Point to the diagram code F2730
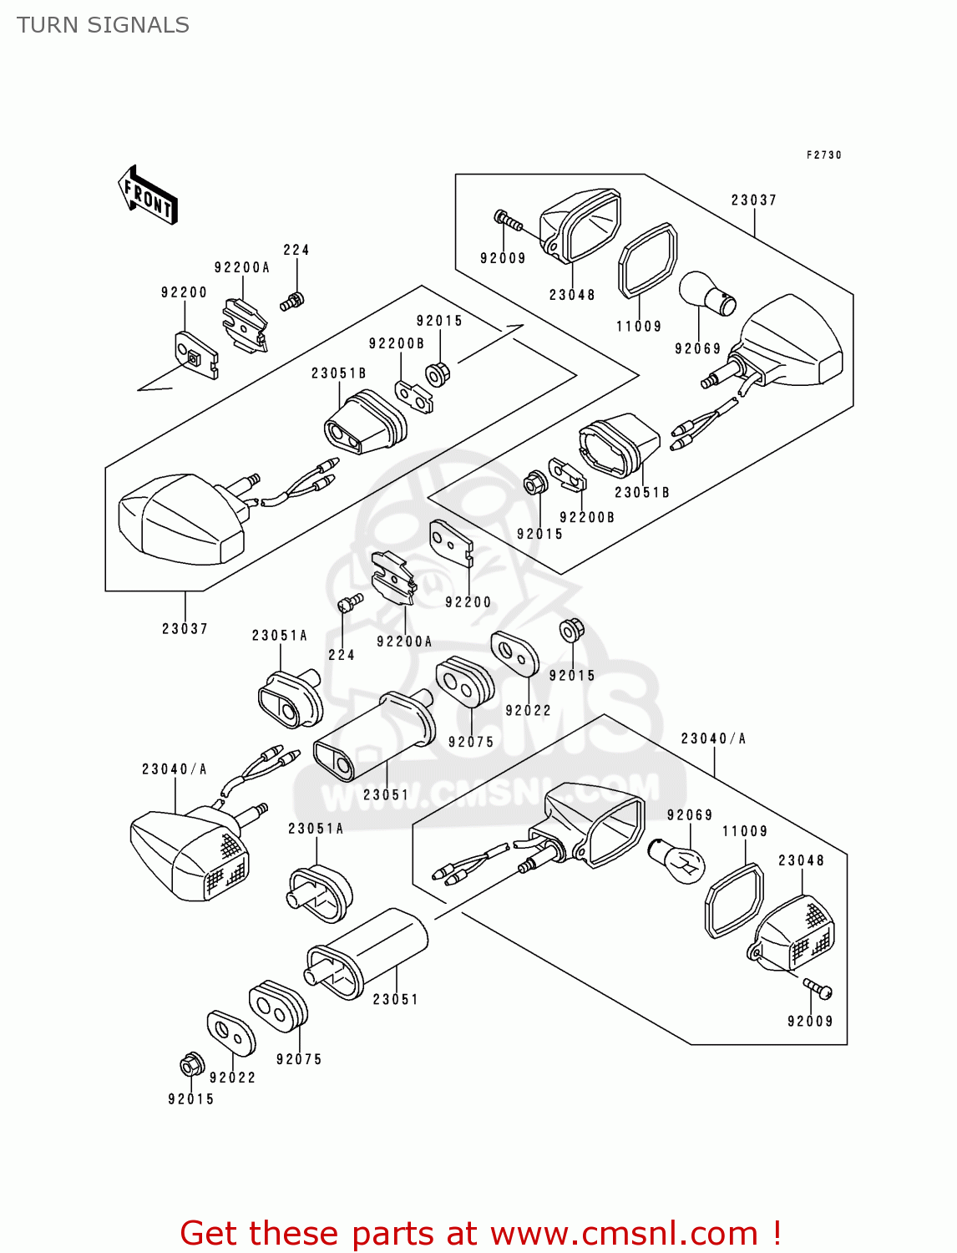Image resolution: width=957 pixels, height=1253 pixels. tap(823, 155)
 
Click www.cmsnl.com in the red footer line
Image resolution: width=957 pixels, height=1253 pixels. tap(623, 1234)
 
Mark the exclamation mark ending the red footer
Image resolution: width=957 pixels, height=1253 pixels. tap(777, 1234)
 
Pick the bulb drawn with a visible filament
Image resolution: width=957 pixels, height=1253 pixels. tap(678, 861)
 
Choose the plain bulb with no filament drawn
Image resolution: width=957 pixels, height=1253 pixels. tap(708, 295)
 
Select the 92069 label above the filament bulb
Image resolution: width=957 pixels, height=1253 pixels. tap(690, 815)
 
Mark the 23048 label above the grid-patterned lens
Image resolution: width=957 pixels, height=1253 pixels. tap(801, 860)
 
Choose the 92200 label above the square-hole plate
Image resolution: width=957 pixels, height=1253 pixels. tap(184, 292)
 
